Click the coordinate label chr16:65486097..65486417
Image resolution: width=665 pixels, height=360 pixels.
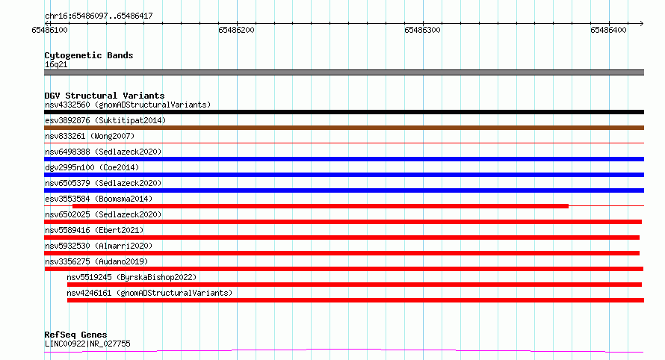[99, 16]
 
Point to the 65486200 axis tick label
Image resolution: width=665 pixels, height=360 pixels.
[236, 30]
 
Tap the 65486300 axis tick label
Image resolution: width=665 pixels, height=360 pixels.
[422, 30]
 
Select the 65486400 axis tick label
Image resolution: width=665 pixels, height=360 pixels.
[608, 30]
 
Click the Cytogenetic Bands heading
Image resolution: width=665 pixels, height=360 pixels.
[89, 55]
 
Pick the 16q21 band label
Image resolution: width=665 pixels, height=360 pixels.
[56, 64]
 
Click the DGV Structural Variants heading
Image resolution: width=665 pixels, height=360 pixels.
[105, 96]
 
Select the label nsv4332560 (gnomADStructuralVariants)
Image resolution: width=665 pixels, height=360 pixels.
[128, 105]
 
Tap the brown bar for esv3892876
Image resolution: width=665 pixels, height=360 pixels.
[344, 128]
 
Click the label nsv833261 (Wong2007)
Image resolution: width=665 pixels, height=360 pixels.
[90, 136]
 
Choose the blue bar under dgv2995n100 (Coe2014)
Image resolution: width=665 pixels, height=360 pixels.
[344, 175]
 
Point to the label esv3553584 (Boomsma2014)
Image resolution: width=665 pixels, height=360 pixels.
[99, 199]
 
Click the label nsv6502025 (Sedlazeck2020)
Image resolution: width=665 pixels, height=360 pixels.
[103, 214]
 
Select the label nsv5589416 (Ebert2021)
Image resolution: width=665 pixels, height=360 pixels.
[94, 230]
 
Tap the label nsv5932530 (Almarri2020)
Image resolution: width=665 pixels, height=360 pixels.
[99, 246]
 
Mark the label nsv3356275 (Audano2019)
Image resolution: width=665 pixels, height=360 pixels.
[96, 261]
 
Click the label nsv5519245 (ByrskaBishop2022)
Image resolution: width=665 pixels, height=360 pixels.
[132, 277]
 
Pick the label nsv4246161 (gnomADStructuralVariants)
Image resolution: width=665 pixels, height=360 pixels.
[149, 293]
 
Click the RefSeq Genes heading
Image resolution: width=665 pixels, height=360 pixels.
[75, 335]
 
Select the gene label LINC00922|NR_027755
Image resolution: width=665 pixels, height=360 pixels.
[87, 344]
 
